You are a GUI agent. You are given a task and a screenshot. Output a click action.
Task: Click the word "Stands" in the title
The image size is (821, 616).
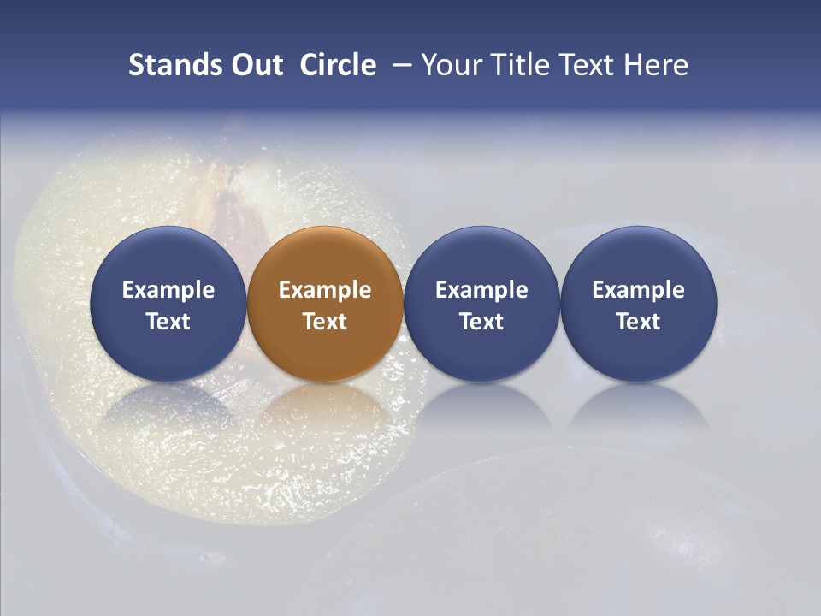(170, 65)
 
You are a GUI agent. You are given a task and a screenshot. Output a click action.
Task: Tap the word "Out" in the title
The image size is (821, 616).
(251, 65)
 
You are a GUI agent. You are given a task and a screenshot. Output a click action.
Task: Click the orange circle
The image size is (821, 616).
(325, 304)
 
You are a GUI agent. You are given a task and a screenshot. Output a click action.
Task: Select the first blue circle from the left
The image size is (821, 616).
(168, 304)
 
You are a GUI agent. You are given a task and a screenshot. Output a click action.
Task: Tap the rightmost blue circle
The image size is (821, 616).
(638, 304)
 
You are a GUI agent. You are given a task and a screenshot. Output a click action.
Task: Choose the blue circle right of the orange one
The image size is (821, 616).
(481, 304)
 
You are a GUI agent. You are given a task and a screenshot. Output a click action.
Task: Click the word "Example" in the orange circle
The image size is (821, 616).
(325, 290)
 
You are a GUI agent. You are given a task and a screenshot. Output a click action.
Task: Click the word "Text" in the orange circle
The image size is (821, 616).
(325, 322)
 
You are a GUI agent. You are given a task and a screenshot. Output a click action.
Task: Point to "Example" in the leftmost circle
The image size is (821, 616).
(168, 290)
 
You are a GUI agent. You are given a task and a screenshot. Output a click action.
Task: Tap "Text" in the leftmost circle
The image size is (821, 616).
(168, 322)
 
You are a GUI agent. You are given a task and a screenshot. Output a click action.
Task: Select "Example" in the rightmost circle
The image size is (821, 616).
(638, 290)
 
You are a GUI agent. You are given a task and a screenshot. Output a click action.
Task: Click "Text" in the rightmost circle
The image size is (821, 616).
(638, 322)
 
